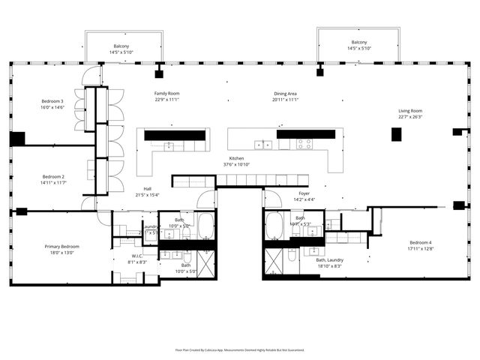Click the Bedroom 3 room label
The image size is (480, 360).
pyautogui.click(x=52, y=100)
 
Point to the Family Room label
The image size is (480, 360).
pyautogui.click(x=166, y=94)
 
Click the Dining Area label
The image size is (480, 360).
pyautogui.click(x=286, y=94)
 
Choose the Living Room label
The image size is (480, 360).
pyautogui.click(x=410, y=110)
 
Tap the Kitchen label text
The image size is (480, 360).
pyautogui.click(x=236, y=158)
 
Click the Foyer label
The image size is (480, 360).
pyautogui.click(x=304, y=193)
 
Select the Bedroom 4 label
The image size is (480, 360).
pyautogui.click(x=421, y=241)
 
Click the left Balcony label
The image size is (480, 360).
pyautogui.click(x=121, y=46)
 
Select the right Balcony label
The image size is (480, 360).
pyautogui.click(x=357, y=43)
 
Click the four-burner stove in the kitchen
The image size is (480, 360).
pyautogui.click(x=304, y=144)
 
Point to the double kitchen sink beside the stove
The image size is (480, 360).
pyautogui.click(x=263, y=145)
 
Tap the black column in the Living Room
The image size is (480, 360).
pyautogui.click(x=396, y=134)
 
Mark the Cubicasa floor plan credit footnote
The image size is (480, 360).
pyautogui.click(x=240, y=349)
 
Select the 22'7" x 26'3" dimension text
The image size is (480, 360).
pyautogui.click(x=410, y=116)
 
